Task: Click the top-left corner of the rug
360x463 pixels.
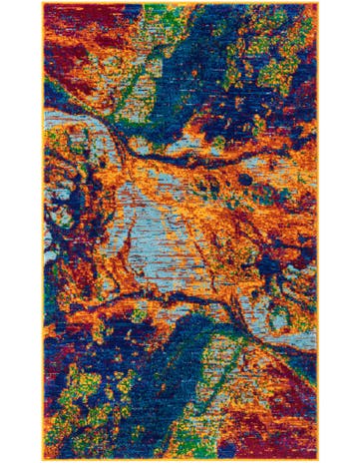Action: [x=43, y=3]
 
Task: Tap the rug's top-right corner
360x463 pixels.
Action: [x=318, y=3]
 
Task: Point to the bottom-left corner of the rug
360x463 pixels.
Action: [x=43, y=460]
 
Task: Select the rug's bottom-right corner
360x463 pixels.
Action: [x=318, y=460]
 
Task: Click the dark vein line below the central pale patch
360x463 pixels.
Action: [x=170, y=299]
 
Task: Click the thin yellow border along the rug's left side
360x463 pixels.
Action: [x=44, y=230]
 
